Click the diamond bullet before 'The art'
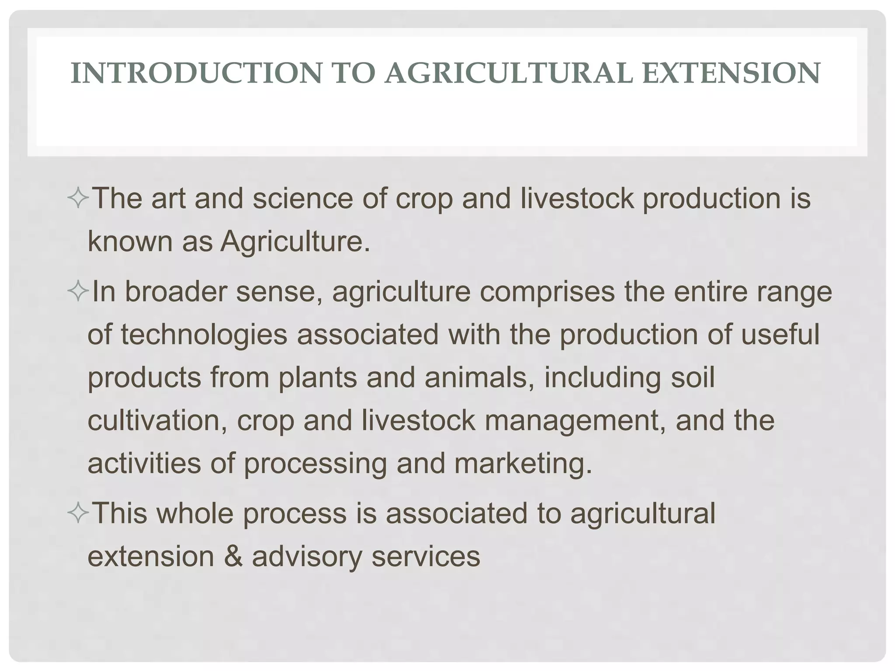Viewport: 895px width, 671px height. (79, 199)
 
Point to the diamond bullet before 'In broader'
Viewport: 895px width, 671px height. (79, 292)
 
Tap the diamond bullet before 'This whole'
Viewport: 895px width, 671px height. (79, 513)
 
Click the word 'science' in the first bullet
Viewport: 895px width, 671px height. (303, 199)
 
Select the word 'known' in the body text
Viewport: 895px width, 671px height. (130, 241)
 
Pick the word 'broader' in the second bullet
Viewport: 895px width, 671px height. (176, 292)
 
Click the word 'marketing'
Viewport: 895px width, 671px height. (523, 463)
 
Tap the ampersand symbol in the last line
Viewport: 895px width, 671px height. (233, 557)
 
